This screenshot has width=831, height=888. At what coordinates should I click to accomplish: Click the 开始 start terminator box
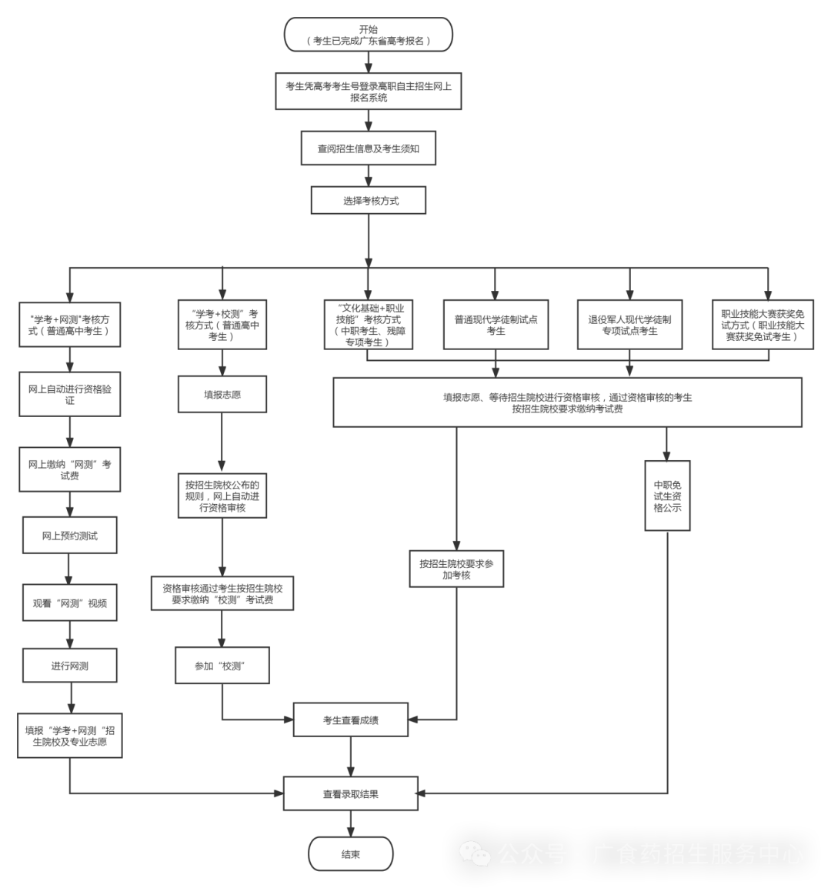coord(369,35)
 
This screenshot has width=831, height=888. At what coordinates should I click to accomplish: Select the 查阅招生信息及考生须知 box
coord(369,149)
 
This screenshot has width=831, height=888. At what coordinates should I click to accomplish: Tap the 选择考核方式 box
coord(369,201)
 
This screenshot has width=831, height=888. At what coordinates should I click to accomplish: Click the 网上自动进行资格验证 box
coord(70,395)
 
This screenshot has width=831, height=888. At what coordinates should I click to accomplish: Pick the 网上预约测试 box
coord(70,536)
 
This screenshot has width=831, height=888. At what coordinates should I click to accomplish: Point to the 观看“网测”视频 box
coord(70,603)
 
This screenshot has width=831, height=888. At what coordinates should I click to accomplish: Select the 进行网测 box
coord(70,666)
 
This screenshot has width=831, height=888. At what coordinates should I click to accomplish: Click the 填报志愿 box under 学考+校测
coord(222,395)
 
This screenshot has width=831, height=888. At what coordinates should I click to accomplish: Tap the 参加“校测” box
coord(222,666)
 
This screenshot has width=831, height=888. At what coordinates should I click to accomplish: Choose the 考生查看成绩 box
coord(351,720)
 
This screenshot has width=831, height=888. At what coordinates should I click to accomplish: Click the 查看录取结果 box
coord(351,793)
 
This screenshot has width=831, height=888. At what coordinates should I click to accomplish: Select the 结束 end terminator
coord(351,854)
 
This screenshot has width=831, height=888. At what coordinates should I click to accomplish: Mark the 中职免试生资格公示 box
coord(667,496)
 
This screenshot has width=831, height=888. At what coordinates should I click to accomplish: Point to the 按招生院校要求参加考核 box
coord(456,569)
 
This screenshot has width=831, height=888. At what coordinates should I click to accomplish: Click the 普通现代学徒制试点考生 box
coord(496,325)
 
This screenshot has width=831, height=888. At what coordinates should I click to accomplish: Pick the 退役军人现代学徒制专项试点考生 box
coord(629,325)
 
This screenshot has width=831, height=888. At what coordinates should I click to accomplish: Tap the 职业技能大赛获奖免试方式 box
coord(763,325)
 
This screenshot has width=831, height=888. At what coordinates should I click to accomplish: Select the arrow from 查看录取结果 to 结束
coord(351,823)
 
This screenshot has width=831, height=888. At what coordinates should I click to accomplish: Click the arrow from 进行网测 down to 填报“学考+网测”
coord(70,698)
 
